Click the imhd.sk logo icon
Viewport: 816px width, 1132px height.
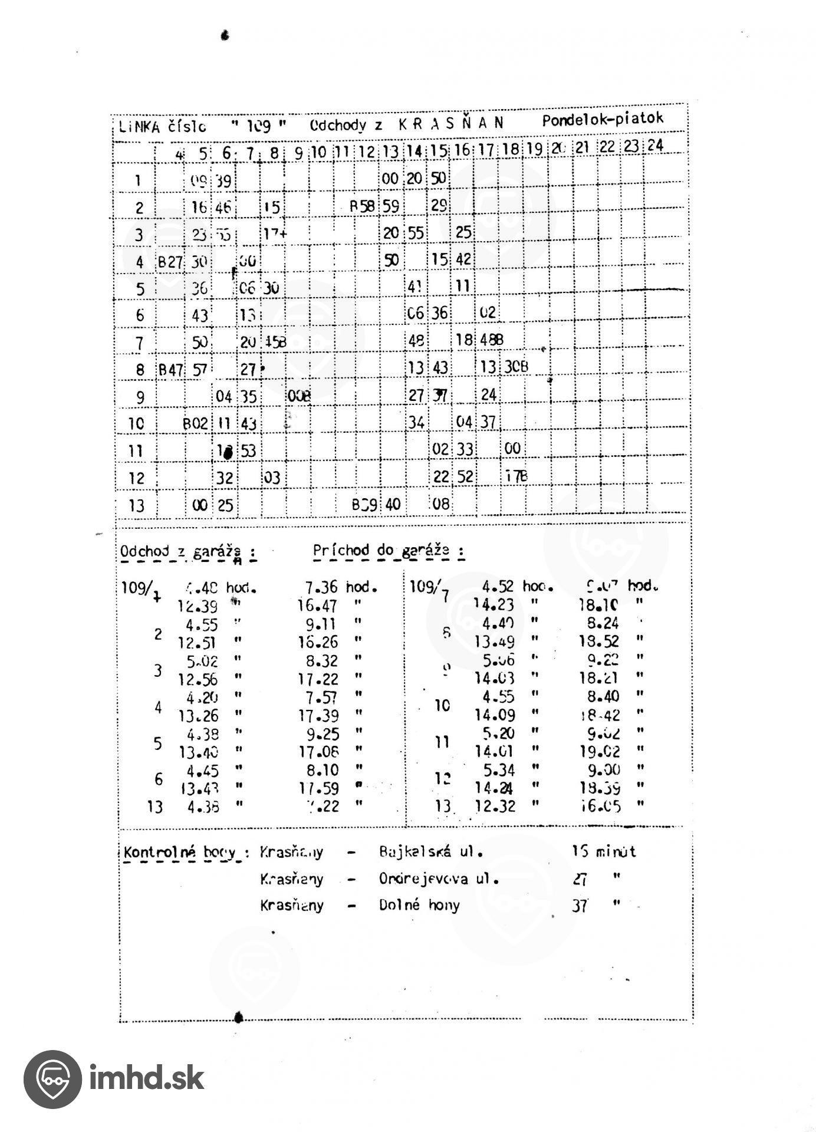point(52,1079)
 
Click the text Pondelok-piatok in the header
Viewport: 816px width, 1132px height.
point(603,120)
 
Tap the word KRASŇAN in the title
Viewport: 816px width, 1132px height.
point(451,123)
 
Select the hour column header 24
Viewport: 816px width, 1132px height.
point(655,146)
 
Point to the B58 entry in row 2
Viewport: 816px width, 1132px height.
point(362,206)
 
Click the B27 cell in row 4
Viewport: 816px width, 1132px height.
point(170,262)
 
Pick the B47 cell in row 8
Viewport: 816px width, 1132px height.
point(170,370)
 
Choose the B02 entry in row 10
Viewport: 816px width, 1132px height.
point(195,423)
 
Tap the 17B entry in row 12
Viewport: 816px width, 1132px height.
point(516,476)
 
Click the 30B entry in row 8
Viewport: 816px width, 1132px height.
point(516,367)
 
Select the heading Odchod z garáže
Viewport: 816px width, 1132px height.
point(187,552)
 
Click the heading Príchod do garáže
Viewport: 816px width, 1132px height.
point(388,551)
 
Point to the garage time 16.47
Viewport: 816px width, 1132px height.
point(318,606)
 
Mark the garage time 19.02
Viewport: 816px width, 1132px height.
point(600,751)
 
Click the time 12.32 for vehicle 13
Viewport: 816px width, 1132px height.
point(495,806)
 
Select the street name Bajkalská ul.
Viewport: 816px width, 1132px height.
point(430,852)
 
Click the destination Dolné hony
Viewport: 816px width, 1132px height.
point(419,905)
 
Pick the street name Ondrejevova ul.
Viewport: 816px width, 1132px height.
point(439,879)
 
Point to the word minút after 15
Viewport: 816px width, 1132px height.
point(616,851)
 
